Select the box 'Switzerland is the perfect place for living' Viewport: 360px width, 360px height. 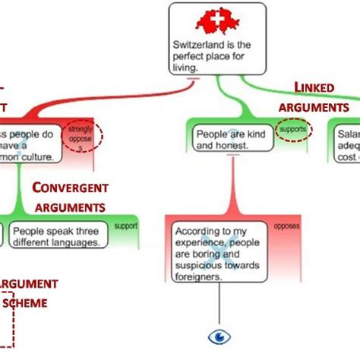[216, 38]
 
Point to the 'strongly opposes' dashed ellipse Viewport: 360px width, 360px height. [82, 134]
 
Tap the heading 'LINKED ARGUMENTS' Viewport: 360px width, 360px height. [312, 98]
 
